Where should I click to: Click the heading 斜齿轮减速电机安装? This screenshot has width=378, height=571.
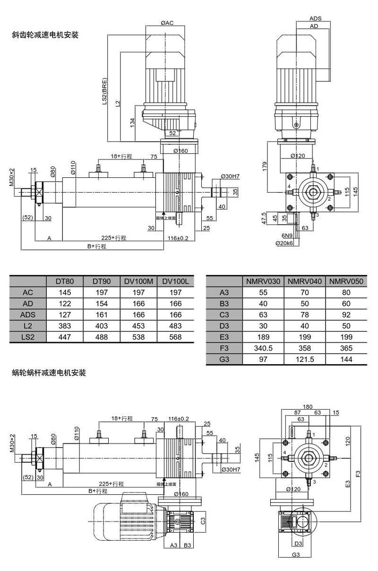coord(45,35)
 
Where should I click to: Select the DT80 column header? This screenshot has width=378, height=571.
coord(65,281)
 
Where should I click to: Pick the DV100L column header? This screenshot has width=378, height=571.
coord(175,281)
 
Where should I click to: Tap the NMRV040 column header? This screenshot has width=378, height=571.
coord(305,281)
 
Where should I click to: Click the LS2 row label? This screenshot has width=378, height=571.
coord(28,337)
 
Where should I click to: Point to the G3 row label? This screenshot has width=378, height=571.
coord(224,360)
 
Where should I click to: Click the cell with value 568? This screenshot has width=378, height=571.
coord(175,337)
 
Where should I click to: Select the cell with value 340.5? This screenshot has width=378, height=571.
coord(263,349)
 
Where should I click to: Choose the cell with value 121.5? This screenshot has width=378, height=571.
coord(305,360)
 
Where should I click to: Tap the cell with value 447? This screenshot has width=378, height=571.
coord(65,337)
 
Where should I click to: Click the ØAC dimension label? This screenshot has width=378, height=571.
coord(167,23)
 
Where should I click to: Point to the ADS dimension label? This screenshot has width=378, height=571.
coord(316,18)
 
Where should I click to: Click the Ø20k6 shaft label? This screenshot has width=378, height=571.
coord(284,243)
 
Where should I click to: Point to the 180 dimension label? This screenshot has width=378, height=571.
coord(308,407)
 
